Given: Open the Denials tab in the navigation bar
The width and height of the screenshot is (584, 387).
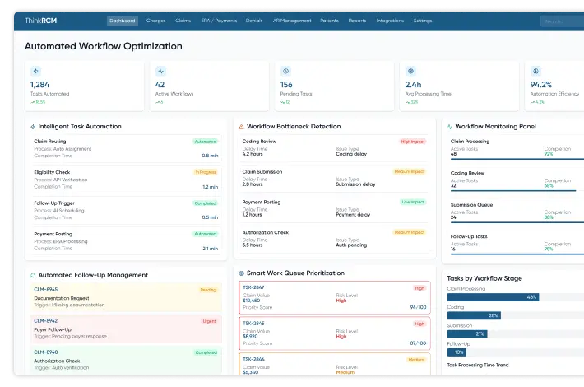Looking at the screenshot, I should [254, 20].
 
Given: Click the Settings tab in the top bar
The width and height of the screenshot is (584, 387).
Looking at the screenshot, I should [423, 20].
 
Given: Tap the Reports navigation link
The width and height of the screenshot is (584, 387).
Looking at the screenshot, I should [357, 20].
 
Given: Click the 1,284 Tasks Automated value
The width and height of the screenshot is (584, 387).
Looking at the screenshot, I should [40, 84].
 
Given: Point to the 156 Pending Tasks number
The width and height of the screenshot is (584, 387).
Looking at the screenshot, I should [286, 84].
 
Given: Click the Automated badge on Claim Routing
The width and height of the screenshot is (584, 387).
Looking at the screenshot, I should [205, 142].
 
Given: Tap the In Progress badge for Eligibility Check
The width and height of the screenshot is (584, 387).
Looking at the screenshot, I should [205, 172].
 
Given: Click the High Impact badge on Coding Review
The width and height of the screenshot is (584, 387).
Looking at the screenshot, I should [411, 142].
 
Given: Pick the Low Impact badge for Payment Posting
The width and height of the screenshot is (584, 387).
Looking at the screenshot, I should [412, 202].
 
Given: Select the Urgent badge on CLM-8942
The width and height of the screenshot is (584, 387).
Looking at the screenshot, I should [208, 320].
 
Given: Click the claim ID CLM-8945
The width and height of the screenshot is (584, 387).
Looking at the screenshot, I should [45, 290].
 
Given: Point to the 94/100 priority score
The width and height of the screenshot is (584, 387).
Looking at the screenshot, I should [419, 306].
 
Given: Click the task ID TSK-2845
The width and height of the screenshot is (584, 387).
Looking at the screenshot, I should [253, 323].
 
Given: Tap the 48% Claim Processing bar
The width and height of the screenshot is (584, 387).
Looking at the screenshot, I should [493, 296].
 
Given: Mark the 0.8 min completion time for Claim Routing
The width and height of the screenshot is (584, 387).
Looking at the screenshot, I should [210, 155].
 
